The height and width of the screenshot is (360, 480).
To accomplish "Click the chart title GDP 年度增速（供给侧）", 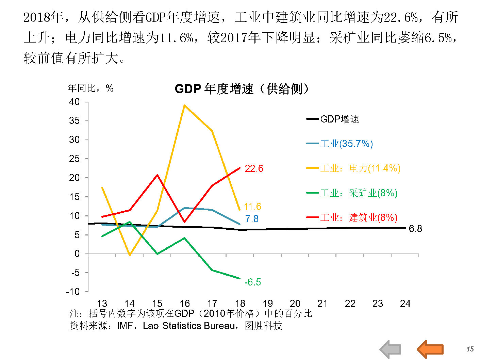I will coord(242,89).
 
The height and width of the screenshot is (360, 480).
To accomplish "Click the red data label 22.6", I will coord(254,168).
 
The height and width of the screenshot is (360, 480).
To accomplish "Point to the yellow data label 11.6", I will coord(252,207).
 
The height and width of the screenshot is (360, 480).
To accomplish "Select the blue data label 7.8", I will coord(252,219).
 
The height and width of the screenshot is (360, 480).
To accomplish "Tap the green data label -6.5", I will coord(252,282).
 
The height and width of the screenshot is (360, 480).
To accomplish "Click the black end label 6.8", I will coord(415,229).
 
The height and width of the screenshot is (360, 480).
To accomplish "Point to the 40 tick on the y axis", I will coord(74,102).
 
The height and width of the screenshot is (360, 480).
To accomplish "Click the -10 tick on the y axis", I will coord(72,292).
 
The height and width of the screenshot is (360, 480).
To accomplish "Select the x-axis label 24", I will coord(405,304).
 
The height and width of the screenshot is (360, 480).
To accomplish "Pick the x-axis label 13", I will coord(102,304).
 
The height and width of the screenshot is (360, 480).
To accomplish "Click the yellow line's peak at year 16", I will coord(184,105).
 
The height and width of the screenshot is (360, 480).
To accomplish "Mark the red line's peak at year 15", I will coord(157,175).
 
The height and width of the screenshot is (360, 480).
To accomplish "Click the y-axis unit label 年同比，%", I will coord(90,88).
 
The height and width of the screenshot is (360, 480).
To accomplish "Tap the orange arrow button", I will coord(430,349).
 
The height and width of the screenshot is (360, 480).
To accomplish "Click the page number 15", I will coord(470,349).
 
